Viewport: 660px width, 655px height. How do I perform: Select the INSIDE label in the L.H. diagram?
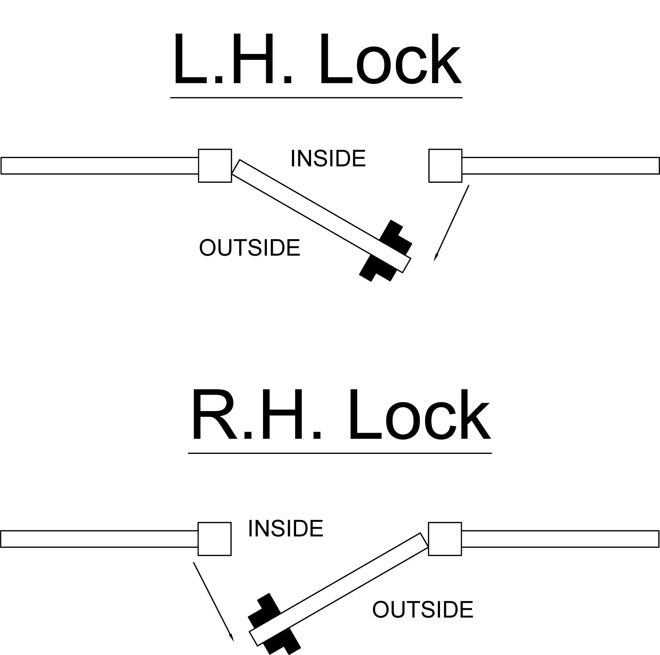[328, 159]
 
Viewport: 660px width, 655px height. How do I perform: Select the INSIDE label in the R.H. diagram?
[286, 529]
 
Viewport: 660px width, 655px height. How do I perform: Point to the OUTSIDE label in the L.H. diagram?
[249, 248]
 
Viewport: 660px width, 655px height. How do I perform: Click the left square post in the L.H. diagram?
[215, 166]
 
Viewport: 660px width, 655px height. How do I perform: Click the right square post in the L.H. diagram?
[445, 166]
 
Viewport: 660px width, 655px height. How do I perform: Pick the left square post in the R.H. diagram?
[214, 539]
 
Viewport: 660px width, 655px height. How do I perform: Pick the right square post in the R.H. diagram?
[445, 539]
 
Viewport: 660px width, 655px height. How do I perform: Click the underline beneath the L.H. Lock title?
[316, 98]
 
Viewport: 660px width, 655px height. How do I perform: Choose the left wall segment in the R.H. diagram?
[99, 539]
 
